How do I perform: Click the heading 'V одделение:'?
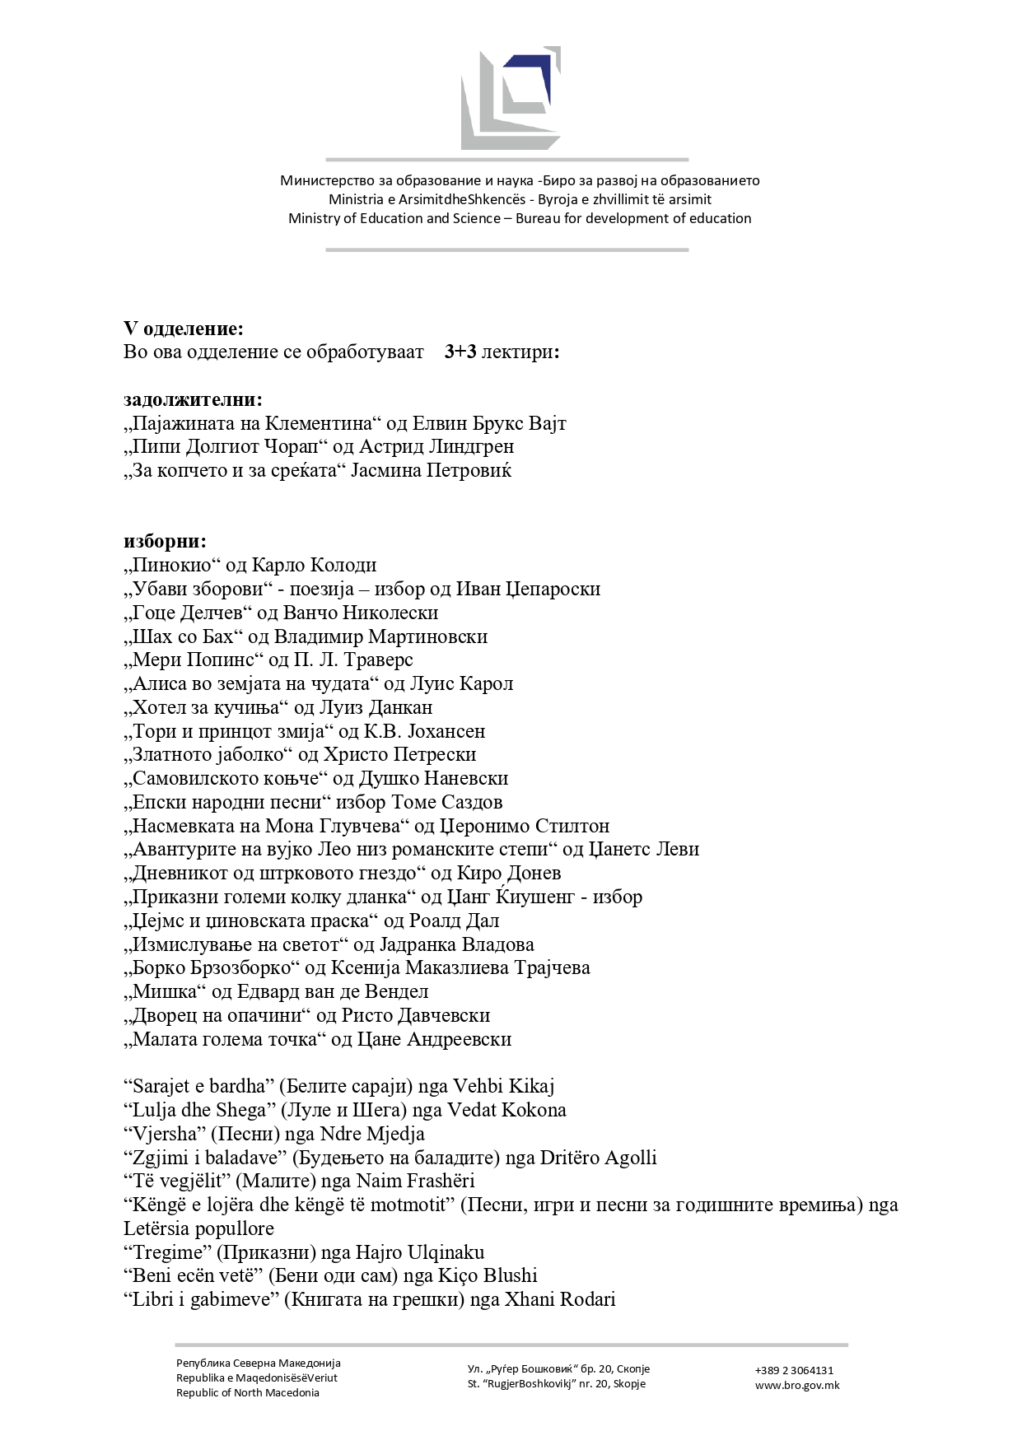coord(184,329)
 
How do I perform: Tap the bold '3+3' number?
coord(460,352)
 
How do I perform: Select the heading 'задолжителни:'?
coord(194,400)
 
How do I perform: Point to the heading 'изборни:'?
coord(166,542)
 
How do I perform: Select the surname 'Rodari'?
coord(587,1300)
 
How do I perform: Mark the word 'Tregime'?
coord(168,1253)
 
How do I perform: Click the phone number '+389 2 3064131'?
coord(794,1371)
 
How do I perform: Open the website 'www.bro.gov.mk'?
coord(797,1386)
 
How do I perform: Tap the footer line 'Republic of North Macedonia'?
coord(248,1393)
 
